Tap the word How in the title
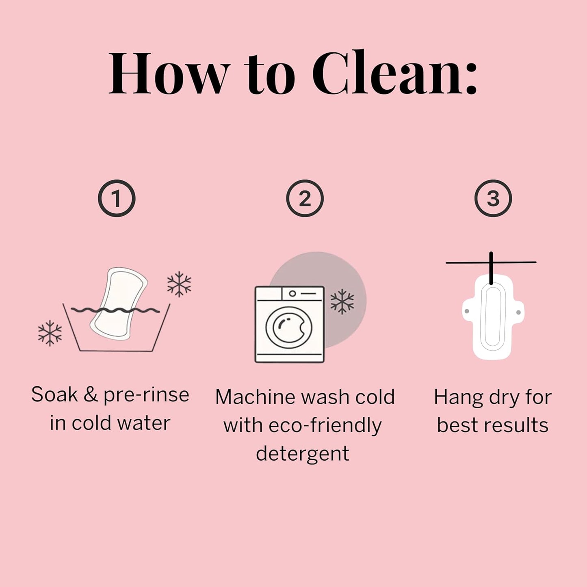169,73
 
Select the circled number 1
117,198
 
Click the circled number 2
305,198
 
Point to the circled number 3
493,198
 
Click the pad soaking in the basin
119,304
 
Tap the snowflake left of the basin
50,333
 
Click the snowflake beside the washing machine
342,301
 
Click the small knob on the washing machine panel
292,294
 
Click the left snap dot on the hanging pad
466,311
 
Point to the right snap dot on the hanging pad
518,312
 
